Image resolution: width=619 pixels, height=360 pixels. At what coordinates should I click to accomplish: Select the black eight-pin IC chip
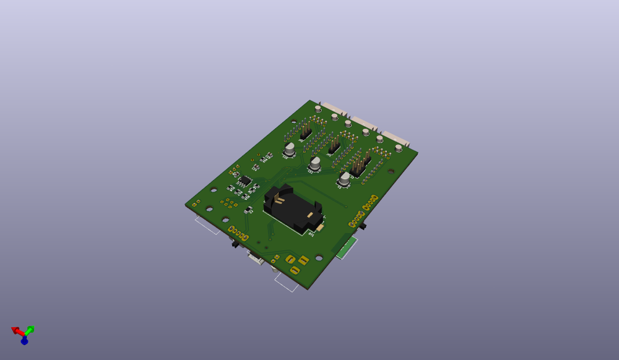point(245,181)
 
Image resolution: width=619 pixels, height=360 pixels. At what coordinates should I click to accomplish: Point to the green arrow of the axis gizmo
point(30,330)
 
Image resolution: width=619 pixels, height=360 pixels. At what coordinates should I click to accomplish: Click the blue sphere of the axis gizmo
point(24,341)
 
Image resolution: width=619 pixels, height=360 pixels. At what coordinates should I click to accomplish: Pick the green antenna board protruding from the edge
point(347,248)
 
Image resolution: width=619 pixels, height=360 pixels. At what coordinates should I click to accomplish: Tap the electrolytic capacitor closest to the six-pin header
point(344,179)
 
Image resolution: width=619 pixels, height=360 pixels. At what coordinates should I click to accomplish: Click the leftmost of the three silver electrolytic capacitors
point(289,149)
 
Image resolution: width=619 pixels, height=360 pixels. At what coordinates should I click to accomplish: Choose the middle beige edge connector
point(365,122)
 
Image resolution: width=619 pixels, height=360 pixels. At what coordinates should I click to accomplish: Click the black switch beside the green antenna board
point(363,226)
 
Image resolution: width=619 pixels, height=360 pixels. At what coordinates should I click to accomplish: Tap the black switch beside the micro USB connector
point(235,244)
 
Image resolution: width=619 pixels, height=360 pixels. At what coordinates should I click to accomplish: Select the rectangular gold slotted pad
point(303,260)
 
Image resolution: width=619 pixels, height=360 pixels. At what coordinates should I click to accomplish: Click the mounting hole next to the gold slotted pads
point(319,257)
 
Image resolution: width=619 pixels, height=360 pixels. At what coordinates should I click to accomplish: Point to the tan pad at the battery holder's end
point(320,227)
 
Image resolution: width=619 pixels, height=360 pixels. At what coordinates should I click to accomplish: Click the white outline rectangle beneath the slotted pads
point(287,283)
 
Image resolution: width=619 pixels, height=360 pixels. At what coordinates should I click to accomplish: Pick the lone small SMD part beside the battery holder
point(248,210)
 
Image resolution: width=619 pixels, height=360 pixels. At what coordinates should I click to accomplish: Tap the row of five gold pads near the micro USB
point(238,233)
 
